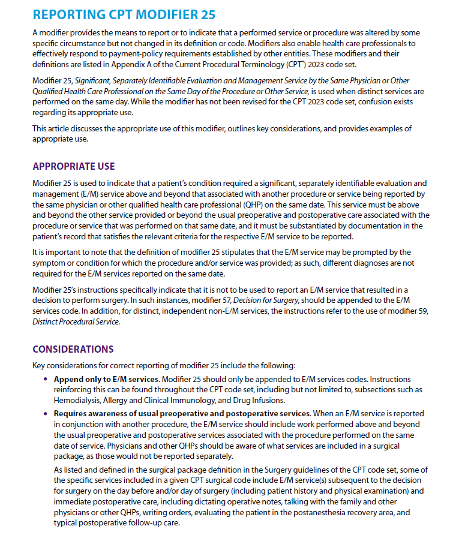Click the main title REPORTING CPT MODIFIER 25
tap(124, 14)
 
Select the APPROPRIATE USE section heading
tap(73, 166)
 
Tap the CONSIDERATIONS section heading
tap(73, 349)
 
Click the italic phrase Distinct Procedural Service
tap(76, 321)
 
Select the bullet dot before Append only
tap(46, 380)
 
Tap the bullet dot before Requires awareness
tap(46, 414)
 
